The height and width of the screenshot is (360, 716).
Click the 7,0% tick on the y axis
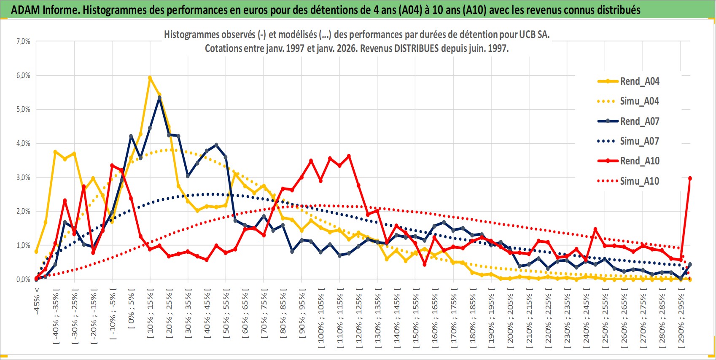click(23, 41)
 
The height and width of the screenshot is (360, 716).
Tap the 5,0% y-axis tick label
click(23, 109)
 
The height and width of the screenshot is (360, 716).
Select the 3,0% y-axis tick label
click(23, 177)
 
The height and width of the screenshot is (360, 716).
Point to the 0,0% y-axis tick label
click(23, 279)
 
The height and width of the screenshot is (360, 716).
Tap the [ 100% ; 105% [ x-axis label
click(321, 318)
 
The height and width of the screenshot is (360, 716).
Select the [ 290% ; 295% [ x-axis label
click(681, 318)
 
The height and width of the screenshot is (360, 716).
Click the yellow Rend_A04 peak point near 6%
click(150, 78)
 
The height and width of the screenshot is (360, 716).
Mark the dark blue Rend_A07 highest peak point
click(159, 97)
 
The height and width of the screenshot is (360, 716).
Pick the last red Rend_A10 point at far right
click(690, 178)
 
